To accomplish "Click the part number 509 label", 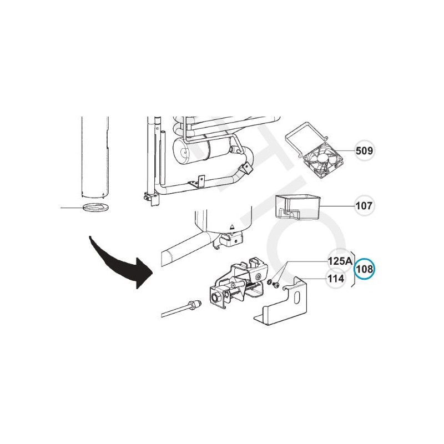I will (364, 150).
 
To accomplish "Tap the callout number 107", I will (364, 206).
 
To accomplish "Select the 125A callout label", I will (339, 260).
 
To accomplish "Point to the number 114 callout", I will (336, 279).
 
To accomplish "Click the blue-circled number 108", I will (365, 269).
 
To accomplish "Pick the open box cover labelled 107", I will (298, 207).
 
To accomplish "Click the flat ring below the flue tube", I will (95, 208).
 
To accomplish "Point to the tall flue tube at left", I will (95, 155).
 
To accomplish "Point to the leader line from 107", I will (339, 206).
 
